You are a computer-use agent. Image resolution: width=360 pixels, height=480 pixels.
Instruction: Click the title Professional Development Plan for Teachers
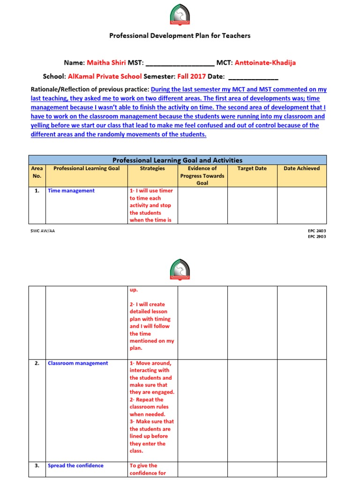180,36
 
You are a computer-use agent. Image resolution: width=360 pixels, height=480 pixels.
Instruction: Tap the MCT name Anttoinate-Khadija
265,63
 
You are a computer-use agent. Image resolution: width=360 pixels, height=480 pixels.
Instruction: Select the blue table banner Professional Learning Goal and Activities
178,160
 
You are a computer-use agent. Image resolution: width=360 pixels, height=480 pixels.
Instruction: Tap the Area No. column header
37,172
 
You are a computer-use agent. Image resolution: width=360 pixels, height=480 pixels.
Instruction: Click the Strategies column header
152,168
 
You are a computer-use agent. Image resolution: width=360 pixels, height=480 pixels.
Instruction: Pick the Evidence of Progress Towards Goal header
202,176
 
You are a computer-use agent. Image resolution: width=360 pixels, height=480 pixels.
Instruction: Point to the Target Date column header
252,168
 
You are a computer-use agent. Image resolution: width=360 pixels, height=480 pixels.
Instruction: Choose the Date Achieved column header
302,168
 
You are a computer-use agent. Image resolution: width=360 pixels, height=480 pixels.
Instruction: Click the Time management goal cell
71,191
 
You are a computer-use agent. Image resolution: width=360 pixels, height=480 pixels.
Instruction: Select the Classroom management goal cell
78,363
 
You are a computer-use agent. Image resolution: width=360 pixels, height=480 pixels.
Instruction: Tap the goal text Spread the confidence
75,465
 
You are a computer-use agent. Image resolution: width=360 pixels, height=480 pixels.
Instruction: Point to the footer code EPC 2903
317,237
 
